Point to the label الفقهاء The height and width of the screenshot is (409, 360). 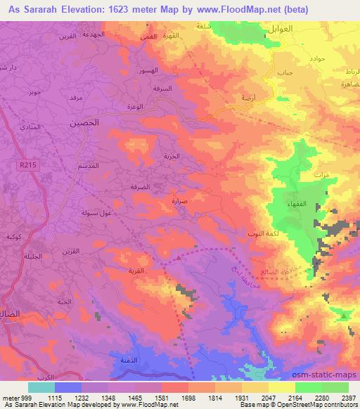[x=296, y=202]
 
